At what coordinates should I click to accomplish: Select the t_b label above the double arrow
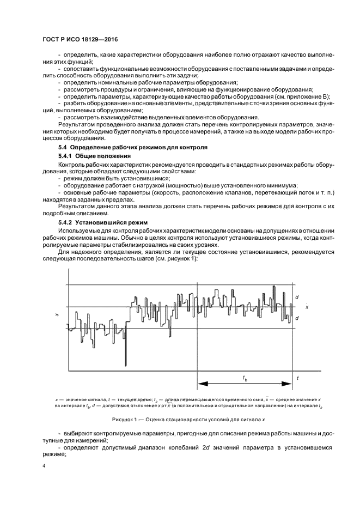click(245, 378)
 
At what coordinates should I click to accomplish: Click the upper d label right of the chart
click(297, 297)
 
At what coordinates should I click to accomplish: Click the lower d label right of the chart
click(297, 318)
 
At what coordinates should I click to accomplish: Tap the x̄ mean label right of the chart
click(307, 307)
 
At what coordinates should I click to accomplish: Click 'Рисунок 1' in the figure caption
click(126, 420)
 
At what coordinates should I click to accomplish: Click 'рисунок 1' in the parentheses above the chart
click(182, 258)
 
